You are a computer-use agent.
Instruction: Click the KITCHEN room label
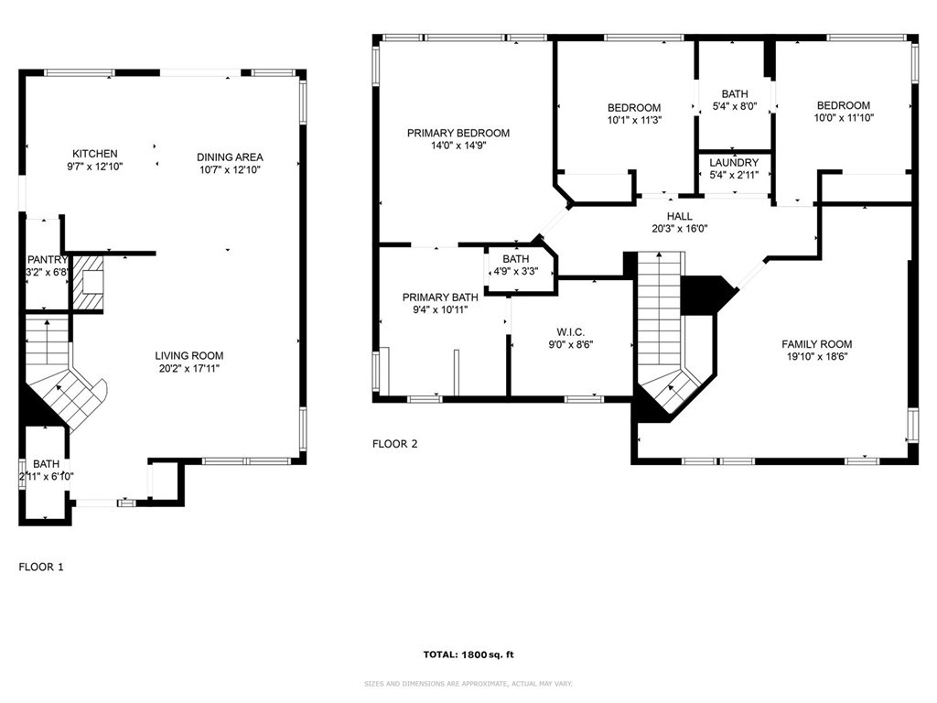tap(95, 154)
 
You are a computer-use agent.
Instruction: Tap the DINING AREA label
tap(229, 157)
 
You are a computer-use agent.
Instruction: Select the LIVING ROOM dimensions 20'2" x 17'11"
tap(189, 368)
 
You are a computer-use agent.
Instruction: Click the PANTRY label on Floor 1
tap(47, 260)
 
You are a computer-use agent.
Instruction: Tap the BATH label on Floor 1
tap(46, 464)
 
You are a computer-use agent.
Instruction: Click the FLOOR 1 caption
tap(41, 568)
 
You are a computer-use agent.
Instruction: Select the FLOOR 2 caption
tap(394, 444)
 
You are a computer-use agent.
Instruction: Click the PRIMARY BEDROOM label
tap(458, 134)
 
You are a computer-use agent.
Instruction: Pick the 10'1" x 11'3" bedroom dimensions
tap(634, 120)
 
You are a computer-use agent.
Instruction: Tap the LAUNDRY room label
tap(734, 163)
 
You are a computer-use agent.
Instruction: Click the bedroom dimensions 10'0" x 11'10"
tap(843, 117)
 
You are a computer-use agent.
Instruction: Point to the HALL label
tap(679, 217)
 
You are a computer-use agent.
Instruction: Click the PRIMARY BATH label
tap(440, 297)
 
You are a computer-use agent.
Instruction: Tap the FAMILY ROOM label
tap(816, 344)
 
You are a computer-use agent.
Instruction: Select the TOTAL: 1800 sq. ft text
tap(468, 654)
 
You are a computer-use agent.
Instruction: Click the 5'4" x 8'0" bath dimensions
tap(734, 106)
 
